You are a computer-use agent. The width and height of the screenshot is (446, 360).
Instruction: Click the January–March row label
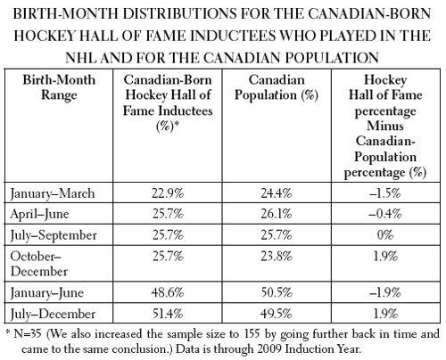coord(53,193)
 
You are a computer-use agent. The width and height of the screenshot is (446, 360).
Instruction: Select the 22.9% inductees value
coord(168,193)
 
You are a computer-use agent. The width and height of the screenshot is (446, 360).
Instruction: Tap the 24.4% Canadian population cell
coord(277,193)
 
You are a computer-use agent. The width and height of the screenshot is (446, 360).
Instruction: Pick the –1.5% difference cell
coord(385,193)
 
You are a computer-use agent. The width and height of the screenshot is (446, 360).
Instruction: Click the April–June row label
coord(39,215)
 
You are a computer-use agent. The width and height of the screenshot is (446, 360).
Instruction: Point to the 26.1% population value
coord(277,214)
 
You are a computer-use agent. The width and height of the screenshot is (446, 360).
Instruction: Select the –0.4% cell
coord(385,214)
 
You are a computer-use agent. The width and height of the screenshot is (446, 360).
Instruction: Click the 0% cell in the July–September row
coord(385,235)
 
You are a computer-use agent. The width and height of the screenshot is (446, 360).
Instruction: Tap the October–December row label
coord(39,264)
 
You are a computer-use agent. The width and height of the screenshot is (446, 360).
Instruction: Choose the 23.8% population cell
coord(277,256)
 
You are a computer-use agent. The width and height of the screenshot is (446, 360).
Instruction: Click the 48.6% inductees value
coord(168,292)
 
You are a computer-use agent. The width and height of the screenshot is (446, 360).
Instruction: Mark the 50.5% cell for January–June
coord(277,292)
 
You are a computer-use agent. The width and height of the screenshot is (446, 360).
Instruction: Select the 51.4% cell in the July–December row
coord(168,314)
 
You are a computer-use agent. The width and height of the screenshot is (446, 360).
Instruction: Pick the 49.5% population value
coord(277,314)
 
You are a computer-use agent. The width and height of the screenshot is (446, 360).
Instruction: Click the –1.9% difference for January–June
coord(385,292)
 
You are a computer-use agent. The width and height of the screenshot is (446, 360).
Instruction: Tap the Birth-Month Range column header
coord(59,87)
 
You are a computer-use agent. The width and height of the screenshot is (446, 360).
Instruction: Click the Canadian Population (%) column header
coord(277,87)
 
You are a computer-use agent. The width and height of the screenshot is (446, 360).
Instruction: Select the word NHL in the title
coord(81,58)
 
